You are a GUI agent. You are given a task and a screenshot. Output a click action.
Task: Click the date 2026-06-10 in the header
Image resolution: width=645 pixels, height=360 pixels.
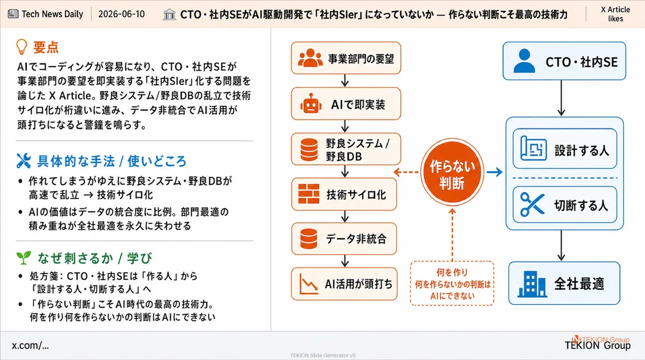coord(122,14)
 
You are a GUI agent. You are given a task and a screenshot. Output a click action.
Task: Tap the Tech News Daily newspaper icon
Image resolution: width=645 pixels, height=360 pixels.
coord(13,14)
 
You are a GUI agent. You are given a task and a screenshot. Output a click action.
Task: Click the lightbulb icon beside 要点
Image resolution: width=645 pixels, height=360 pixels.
coord(22,47)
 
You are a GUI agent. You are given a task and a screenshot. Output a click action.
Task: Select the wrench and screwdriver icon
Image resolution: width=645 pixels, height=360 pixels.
coord(23,161)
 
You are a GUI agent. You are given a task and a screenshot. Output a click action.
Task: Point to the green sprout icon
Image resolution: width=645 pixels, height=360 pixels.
coord(23,257)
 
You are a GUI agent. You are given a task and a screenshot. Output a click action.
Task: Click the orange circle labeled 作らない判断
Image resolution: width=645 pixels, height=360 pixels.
coord(452,172)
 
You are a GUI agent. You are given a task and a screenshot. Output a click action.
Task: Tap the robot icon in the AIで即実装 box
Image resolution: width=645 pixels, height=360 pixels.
coord(311,104)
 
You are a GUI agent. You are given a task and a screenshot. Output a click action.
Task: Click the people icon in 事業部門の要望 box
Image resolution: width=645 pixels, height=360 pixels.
coord(310,58)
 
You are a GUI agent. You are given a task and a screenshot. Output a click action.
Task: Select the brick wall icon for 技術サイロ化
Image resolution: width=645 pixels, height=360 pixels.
coord(309,194)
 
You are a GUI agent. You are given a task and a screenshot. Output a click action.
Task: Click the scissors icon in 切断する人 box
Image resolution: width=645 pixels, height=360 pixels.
coord(533,204)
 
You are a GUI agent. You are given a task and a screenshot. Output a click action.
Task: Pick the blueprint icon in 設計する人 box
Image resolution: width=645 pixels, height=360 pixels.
coord(534,148)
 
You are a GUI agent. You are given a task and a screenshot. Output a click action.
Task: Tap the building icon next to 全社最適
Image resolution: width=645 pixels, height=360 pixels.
coord(532,284)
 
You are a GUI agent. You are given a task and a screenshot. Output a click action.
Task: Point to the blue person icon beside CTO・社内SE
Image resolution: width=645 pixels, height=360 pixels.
coord(524,61)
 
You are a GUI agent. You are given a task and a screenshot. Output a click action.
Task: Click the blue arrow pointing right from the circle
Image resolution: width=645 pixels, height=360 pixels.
coord(495,172)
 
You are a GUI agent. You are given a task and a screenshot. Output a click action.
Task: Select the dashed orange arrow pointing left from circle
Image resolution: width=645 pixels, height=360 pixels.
coord(406,172)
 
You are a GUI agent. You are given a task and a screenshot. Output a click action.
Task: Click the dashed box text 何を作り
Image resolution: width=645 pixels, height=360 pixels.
coord(452,272)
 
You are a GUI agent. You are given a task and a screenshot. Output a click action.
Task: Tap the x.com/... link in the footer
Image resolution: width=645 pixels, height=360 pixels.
coord(30,345)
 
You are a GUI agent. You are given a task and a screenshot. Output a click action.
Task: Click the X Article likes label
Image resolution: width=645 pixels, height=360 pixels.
coord(616,14)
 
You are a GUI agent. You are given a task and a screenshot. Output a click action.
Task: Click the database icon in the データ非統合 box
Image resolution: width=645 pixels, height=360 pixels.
coord(309,238)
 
